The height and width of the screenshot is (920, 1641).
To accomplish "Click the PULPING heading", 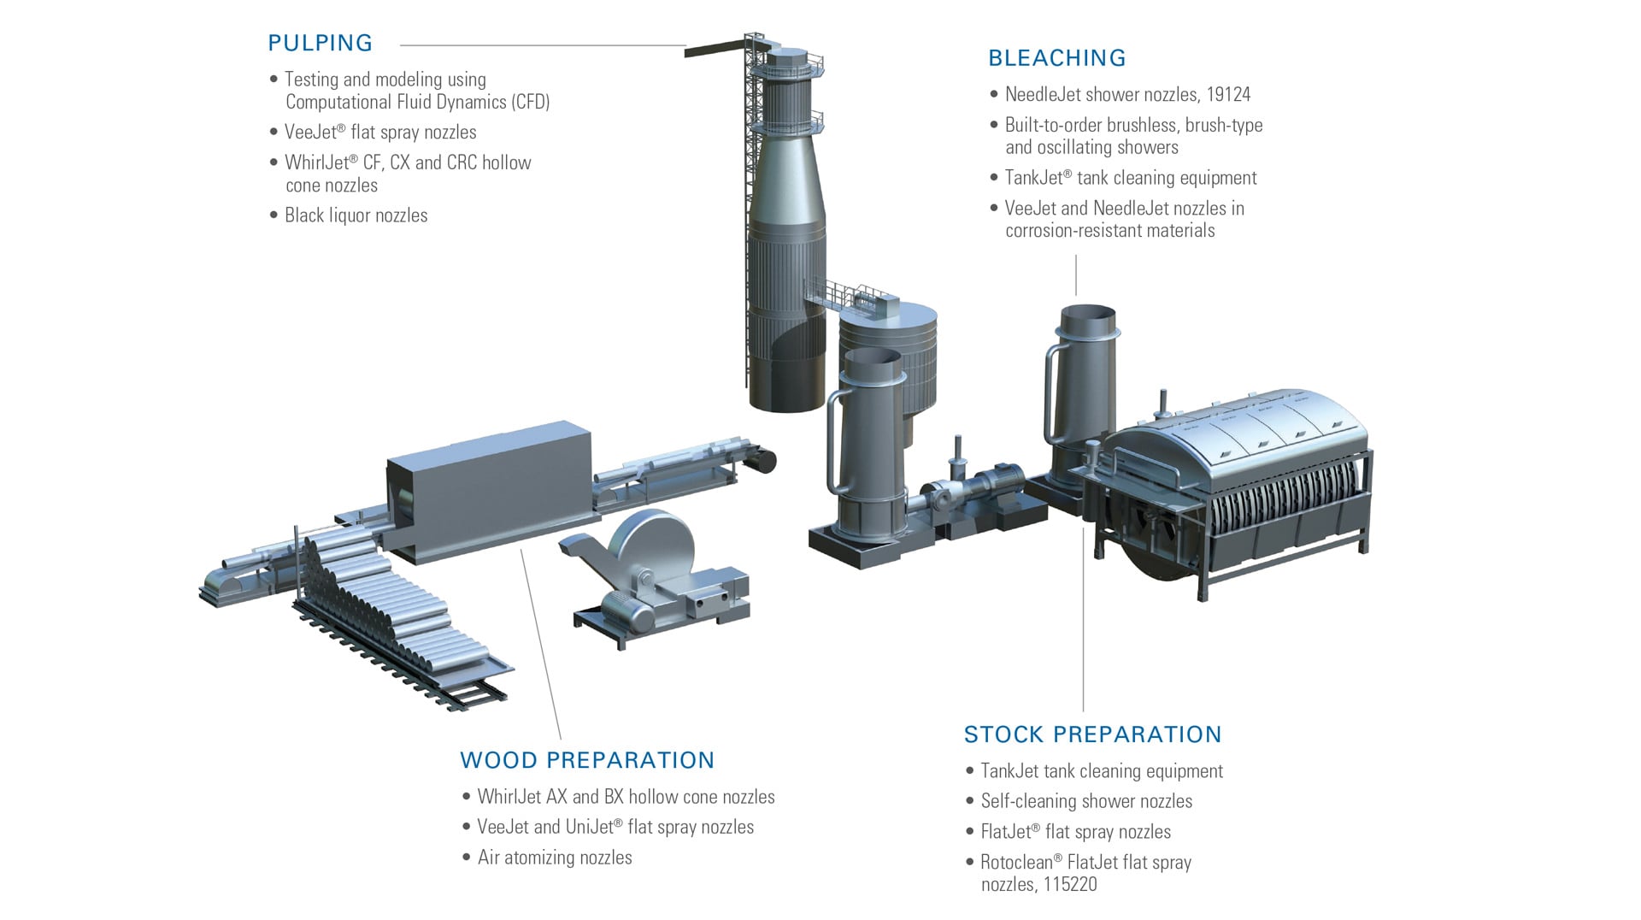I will point(320,43).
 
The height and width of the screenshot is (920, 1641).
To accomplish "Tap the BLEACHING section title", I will point(1056,58).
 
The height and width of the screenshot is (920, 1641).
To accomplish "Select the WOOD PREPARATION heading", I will point(586,760).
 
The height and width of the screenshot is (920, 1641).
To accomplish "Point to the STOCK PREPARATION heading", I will point(1092,734).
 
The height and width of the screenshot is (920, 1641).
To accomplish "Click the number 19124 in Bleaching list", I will point(1228,94).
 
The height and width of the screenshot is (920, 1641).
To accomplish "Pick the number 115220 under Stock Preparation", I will point(1069,884).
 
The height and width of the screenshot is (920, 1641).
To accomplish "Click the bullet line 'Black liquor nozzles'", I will point(356,215).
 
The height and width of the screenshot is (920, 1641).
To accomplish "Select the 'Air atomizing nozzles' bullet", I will point(555,858).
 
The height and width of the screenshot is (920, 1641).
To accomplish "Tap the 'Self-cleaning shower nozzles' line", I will point(1085,801).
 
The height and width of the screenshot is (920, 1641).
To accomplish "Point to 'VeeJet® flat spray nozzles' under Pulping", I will point(380,133).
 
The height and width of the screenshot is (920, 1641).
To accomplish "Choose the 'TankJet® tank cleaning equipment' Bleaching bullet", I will point(1130,178).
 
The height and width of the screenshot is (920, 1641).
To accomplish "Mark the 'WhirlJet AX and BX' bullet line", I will point(626,797).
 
